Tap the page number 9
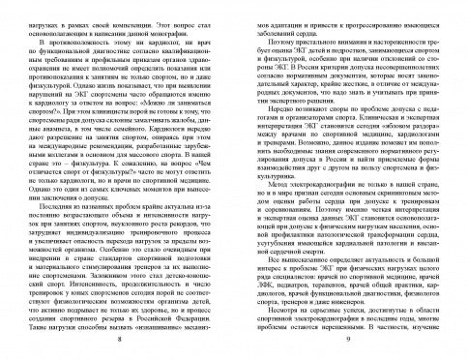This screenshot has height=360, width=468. [349, 340]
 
